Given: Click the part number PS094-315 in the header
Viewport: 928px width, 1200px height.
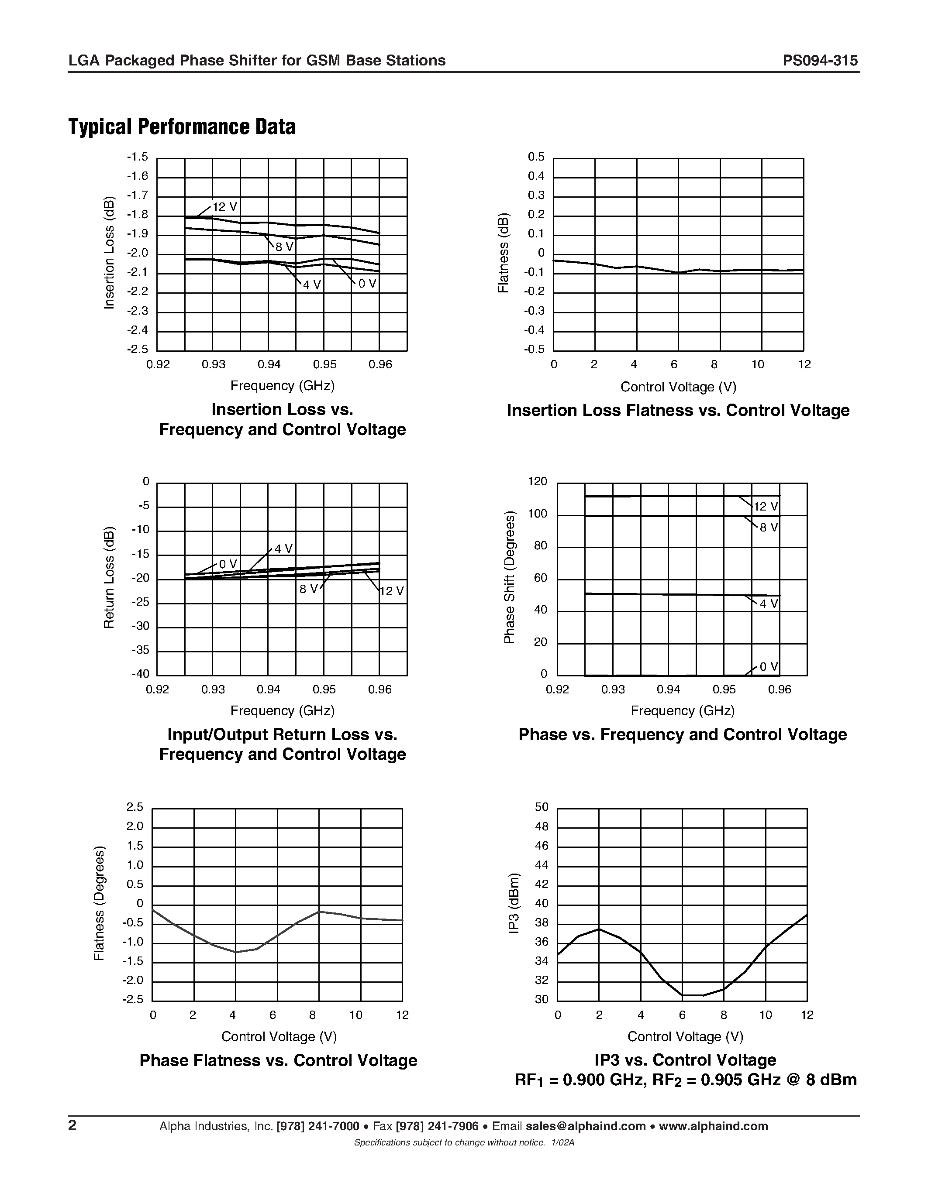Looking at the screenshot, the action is coord(820,61).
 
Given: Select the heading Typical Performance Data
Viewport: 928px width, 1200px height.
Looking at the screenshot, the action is coord(182,127).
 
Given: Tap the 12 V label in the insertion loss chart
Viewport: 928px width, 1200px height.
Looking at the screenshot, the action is coord(225,206).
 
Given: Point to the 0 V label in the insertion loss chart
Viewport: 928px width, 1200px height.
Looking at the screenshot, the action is coord(367,284).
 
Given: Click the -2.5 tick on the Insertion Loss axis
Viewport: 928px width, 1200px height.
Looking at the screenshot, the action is coord(138,350).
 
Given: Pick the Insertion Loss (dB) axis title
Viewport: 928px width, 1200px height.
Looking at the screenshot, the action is coord(110,253).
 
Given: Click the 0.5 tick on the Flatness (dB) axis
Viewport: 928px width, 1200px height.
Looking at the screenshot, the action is coord(536,157).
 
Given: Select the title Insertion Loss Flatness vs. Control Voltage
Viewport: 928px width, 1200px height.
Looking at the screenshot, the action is coord(678,411).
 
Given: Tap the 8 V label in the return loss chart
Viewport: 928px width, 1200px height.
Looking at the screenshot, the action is coord(309,589).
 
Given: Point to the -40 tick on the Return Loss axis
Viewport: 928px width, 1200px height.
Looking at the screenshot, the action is coord(140,674).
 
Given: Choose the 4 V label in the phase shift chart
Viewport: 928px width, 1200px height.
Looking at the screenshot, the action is coord(769,604).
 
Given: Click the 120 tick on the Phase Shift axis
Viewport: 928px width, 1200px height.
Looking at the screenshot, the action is coord(538,482).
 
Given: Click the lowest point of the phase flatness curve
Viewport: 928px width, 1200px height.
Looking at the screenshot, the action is coord(236,952).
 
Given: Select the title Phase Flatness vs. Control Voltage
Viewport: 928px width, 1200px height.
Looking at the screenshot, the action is coord(278,1060).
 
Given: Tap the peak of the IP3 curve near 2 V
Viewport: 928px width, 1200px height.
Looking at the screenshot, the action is coord(599,929).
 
